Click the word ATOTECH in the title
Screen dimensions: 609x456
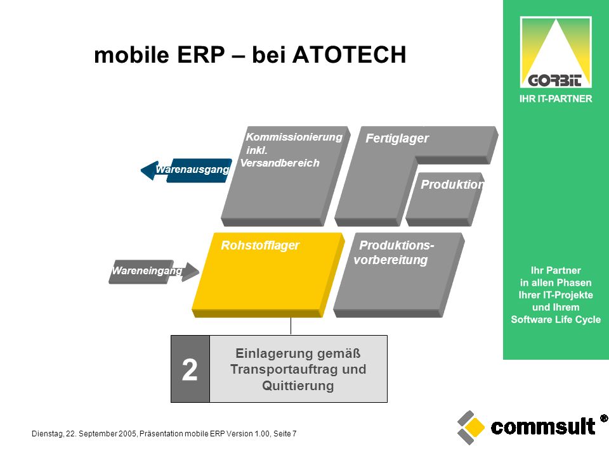tap(349, 54)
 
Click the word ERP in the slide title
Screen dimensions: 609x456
tap(201, 54)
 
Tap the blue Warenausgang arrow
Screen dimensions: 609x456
tap(187, 170)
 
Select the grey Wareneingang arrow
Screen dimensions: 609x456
tap(154, 272)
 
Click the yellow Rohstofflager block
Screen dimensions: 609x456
tap(268, 274)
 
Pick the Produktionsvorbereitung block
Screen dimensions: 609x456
tap(399, 274)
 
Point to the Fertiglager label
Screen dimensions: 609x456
tap(397, 138)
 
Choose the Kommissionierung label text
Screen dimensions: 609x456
tap(294, 137)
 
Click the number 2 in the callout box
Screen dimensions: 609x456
tap(190, 369)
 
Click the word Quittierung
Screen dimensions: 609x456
tap(298, 386)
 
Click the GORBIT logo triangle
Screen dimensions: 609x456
tap(556, 52)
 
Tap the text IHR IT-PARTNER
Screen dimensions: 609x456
tap(556, 99)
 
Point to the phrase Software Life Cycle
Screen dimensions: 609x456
tap(556, 319)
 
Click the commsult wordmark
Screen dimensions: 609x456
tap(542, 427)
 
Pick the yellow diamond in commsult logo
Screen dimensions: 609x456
tap(475, 427)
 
